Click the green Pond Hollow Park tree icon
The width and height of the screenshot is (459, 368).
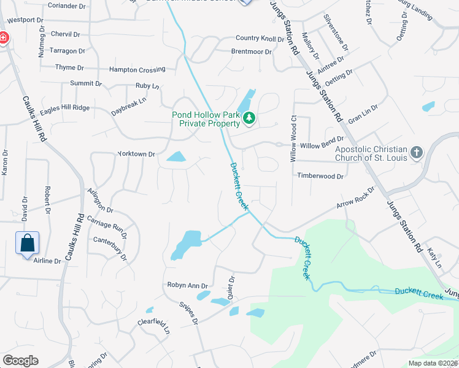coord(249,118)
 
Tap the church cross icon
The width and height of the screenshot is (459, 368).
coord(417,152)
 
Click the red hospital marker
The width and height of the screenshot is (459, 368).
coord(3,38)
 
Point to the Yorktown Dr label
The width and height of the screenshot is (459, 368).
coord(136,154)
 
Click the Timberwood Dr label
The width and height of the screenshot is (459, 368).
coord(320,176)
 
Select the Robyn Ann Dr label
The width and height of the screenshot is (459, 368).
coord(188,285)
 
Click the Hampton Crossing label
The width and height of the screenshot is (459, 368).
coord(137,69)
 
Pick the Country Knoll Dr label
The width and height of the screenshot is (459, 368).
coord(260,39)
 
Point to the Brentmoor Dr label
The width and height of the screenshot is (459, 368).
coord(251,52)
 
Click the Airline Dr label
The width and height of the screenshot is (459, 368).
coord(47,261)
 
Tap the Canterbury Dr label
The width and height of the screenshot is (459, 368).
coord(110,247)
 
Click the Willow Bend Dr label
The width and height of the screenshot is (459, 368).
coord(322,146)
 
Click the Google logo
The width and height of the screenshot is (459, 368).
coord(20,361)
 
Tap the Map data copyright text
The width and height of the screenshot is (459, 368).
coord(433,363)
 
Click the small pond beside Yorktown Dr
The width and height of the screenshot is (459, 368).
coord(176,157)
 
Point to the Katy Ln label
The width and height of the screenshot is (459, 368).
coord(435,258)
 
